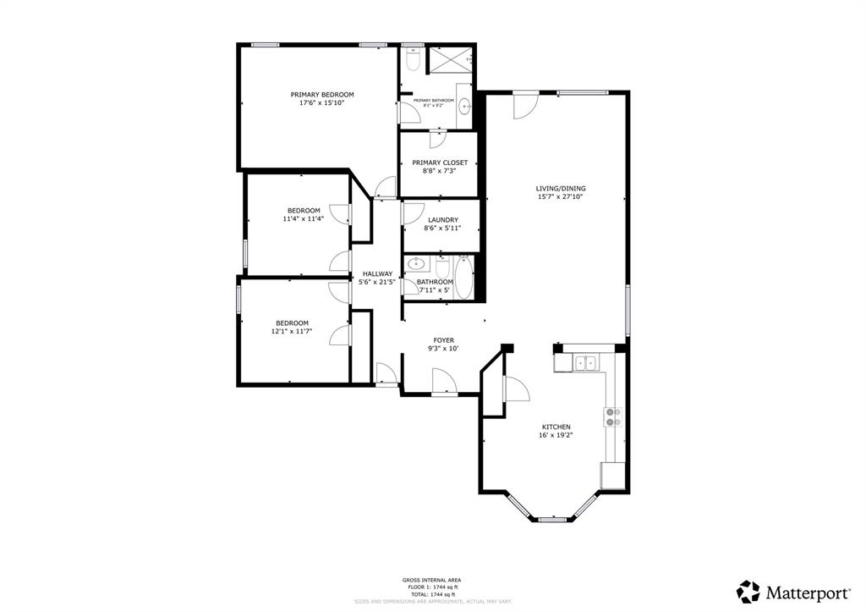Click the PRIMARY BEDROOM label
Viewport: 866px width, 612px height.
point(321,95)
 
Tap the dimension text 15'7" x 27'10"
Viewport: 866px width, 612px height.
point(560,196)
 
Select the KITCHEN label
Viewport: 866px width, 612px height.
point(556,427)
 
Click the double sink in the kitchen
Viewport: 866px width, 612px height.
point(585,363)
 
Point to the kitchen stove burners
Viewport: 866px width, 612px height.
point(612,416)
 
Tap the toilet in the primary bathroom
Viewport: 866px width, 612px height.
point(412,61)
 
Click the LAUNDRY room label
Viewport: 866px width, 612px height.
point(442,220)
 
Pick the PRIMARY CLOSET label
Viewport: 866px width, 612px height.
point(439,163)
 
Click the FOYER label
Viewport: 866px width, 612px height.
point(444,340)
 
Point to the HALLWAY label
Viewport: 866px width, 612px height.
point(377,273)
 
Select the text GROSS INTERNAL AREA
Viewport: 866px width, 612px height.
point(431,580)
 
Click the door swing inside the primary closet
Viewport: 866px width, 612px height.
point(439,140)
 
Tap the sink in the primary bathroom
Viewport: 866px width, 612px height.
point(464,106)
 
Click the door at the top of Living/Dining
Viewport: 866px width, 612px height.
point(524,104)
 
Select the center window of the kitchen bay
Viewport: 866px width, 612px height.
point(552,518)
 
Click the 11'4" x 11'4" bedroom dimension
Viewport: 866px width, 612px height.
point(304,218)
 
